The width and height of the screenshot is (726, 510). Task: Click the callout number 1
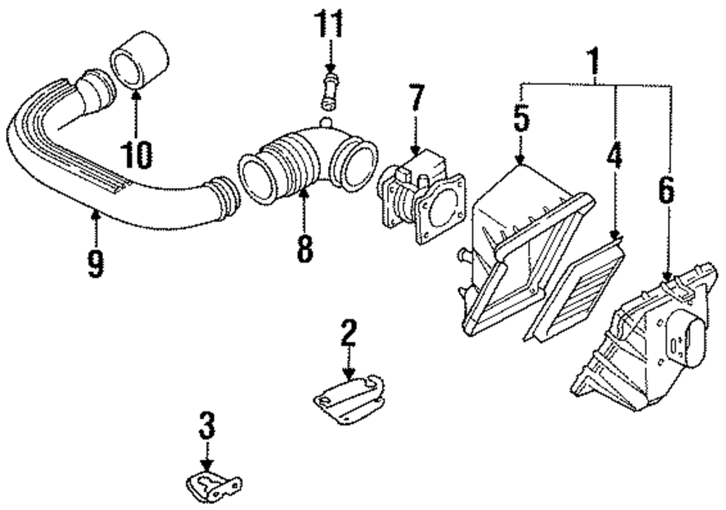(x=595, y=64)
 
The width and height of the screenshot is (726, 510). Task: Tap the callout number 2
(x=348, y=334)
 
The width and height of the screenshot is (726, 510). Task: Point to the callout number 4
(x=615, y=157)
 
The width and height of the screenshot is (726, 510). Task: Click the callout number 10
(x=136, y=154)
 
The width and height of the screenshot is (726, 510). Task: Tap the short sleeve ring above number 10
(x=139, y=64)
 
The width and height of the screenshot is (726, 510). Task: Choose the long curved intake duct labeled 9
(x=109, y=174)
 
